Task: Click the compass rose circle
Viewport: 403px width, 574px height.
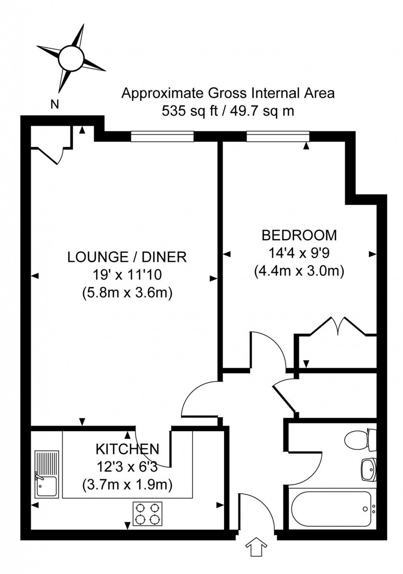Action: coord(71,58)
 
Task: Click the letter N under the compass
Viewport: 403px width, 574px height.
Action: coord(54,105)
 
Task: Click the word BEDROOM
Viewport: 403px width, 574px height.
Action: coord(299,235)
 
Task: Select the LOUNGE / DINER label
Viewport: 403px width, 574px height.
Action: coord(127,257)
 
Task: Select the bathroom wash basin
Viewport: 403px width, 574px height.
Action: coord(369,469)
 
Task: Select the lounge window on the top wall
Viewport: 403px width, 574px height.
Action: coord(162,136)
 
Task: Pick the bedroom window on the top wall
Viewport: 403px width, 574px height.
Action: coord(278,136)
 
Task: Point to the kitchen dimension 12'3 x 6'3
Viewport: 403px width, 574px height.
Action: coord(127,467)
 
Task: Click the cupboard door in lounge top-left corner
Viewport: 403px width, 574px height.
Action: coord(51,154)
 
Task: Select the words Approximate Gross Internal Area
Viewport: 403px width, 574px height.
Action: coord(228,93)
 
